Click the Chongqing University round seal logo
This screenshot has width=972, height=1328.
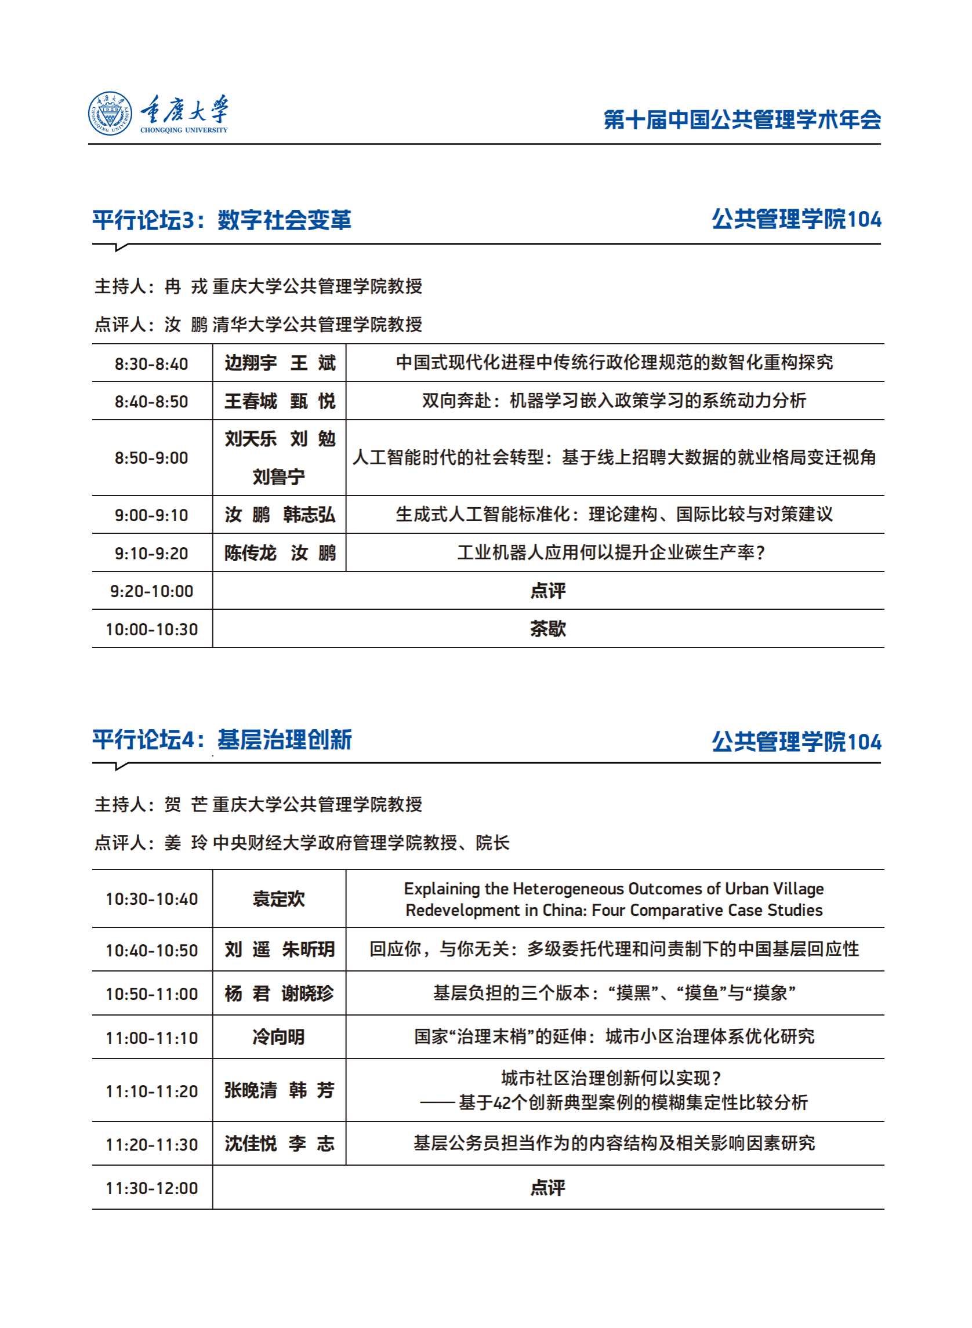click(110, 114)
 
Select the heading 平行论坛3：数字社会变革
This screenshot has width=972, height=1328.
click(222, 220)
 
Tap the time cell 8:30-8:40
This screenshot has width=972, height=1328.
click(151, 363)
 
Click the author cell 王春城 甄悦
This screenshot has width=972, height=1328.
click(280, 401)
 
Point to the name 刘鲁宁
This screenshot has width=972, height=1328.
click(279, 476)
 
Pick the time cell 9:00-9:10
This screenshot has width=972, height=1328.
click(151, 515)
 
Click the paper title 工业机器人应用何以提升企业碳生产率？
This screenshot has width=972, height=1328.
click(611, 553)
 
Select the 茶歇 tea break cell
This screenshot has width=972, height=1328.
click(548, 629)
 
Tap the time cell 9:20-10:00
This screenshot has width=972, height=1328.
click(151, 591)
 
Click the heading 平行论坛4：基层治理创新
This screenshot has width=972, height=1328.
click(222, 740)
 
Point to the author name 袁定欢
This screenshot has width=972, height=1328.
click(279, 898)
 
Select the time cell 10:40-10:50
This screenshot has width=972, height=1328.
click(151, 951)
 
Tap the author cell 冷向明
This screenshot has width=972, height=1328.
click(279, 1037)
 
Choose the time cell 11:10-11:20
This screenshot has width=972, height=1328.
click(151, 1091)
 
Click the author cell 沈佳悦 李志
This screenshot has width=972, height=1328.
click(280, 1143)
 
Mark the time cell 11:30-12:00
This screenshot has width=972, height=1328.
click(151, 1188)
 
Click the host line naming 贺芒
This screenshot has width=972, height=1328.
click(258, 804)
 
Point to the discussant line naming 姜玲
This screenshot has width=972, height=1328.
click(302, 843)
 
